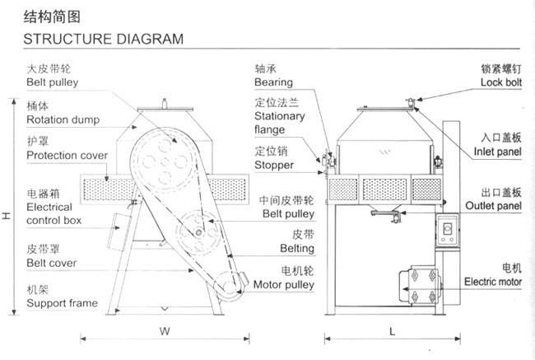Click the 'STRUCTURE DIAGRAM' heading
[104, 39]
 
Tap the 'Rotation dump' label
[63, 120]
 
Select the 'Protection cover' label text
[67, 156]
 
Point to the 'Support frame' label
[62, 303]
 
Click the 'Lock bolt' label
[501, 82]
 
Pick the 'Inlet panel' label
[497, 152]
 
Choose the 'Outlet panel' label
[493, 206]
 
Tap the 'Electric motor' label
[493, 282]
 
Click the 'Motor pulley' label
[284, 285]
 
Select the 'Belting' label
[297, 248]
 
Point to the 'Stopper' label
[274, 165]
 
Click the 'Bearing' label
[273, 82]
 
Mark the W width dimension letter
[165, 331]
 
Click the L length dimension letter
[393, 331]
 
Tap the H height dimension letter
[6, 216]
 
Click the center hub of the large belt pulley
[165, 162]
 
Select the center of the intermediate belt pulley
[198, 233]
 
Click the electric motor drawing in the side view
[421, 285]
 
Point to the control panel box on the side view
[447, 230]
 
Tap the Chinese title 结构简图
[52, 16]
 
